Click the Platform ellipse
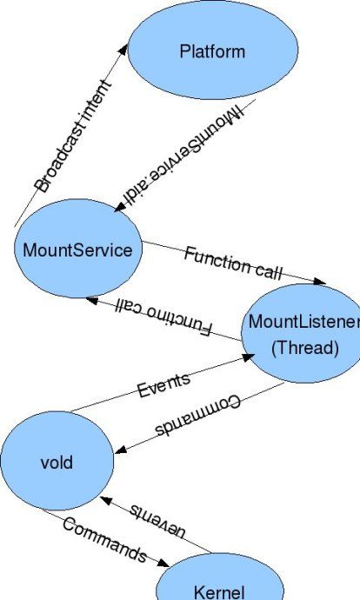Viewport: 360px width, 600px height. click(x=213, y=50)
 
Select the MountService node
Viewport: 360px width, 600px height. click(x=78, y=249)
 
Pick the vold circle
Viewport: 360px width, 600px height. click(x=57, y=461)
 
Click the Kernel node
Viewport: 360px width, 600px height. click(x=220, y=577)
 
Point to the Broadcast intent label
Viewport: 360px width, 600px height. click(x=73, y=136)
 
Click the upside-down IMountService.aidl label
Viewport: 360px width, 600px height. click(x=183, y=154)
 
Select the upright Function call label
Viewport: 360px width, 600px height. click(x=233, y=263)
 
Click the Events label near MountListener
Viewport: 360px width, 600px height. click(x=163, y=385)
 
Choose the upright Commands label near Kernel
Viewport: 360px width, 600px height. click(x=105, y=540)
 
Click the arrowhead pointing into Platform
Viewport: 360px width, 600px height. click(x=123, y=50)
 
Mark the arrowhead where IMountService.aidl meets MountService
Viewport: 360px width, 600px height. click(x=120, y=206)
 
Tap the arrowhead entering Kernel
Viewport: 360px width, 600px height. click(x=163, y=563)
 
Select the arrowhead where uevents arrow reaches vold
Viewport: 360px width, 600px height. click(x=105, y=500)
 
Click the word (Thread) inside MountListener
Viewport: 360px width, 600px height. click(x=305, y=348)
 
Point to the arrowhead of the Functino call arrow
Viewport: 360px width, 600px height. click(x=92, y=301)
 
